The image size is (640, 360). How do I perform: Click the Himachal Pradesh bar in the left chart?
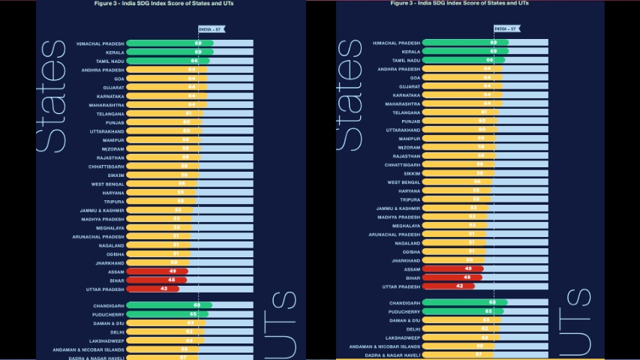tap(170, 43)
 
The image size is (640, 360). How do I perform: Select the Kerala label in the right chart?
tap(405, 52)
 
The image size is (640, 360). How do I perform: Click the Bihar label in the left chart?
tap(116, 280)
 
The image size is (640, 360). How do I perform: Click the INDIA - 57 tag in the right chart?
tap(506, 28)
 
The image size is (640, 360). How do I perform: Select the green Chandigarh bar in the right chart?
tap(464, 302)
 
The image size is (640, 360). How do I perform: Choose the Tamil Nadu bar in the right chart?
tap(462, 60)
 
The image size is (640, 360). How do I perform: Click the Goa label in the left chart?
tap(119, 78)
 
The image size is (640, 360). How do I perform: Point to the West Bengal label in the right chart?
tap(404, 182)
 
